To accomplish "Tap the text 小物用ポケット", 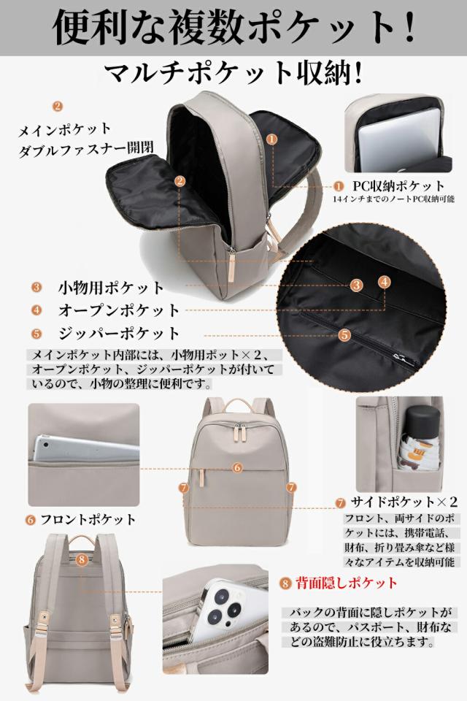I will tap(111, 287).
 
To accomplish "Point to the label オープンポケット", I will tap(118, 310).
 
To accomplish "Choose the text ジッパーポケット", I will tap(118, 333).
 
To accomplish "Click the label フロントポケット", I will tap(88, 520).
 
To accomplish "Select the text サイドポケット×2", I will tap(404, 502).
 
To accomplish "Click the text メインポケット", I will tap(65, 129).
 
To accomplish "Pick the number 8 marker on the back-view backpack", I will tap(81, 559).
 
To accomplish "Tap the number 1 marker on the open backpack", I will tap(271, 138).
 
